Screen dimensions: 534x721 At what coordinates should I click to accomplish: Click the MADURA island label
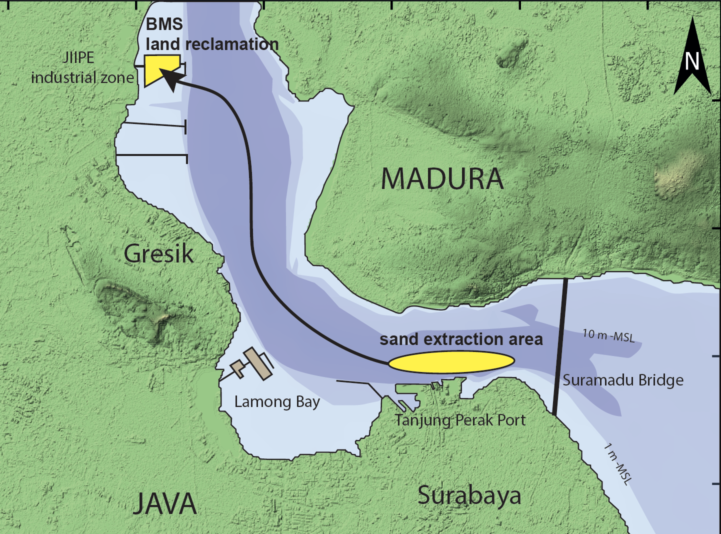[442, 179]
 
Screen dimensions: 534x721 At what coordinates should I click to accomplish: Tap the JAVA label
[164, 503]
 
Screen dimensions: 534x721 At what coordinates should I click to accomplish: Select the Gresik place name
[158, 254]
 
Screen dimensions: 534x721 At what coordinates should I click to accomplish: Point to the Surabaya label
[469, 496]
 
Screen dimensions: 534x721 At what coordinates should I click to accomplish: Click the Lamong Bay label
[277, 402]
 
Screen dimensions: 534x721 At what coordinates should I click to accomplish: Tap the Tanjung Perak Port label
[460, 420]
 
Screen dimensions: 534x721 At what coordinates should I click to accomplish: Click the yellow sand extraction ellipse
[451, 362]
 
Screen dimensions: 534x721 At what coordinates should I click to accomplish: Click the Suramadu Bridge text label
[623, 380]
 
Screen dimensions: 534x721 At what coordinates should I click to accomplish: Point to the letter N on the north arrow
[692, 61]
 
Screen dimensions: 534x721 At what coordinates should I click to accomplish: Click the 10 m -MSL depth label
[608, 335]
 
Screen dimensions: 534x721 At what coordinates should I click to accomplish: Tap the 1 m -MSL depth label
[618, 464]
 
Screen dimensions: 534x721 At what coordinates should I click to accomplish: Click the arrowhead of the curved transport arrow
[170, 79]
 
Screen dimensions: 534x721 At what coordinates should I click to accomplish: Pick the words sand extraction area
[461, 339]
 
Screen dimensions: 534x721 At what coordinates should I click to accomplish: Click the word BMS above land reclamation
[164, 24]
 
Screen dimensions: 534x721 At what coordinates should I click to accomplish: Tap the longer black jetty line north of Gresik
[151, 155]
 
